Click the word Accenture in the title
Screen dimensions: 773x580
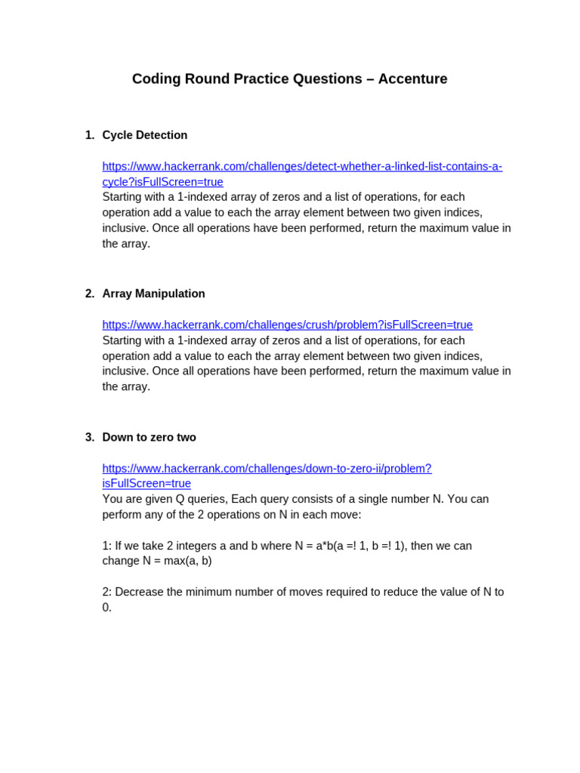[x=412, y=79]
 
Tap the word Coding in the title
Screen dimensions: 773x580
[x=156, y=79]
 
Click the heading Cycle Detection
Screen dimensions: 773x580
[x=145, y=135]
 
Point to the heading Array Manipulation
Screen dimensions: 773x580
[x=153, y=294]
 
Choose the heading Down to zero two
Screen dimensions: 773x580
[x=149, y=437]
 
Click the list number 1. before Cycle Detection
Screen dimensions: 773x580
[x=90, y=135]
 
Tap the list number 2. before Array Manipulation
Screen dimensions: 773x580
[x=90, y=294]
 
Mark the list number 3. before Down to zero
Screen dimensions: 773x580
[x=90, y=437]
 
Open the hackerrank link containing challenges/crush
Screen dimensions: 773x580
[x=287, y=325]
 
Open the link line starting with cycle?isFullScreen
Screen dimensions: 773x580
[x=162, y=182]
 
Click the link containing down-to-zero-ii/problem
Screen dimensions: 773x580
[x=267, y=468]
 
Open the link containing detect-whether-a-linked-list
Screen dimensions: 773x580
[x=302, y=166]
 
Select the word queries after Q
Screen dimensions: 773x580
[x=207, y=499]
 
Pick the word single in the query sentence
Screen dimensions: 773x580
[x=373, y=499]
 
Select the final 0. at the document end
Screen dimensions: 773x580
[x=106, y=607]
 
